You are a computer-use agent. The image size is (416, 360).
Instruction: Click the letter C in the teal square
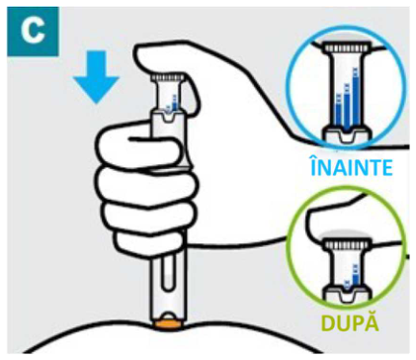point(33,31)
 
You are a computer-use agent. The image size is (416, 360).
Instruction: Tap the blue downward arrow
point(96,77)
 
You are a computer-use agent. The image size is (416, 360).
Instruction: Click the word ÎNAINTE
point(352,166)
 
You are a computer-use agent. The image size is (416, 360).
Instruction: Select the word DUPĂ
point(350,322)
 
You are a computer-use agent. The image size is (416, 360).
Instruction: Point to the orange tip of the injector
point(168,324)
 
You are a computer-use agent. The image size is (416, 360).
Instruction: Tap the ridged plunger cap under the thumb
point(167,78)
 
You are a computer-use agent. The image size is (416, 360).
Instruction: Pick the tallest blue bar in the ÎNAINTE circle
point(356,97)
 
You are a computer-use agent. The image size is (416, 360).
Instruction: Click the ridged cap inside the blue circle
point(347,47)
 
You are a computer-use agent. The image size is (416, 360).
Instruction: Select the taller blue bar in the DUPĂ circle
point(356,275)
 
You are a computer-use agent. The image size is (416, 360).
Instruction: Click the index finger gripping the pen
point(140,145)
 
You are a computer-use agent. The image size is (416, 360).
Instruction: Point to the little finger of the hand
point(148,242)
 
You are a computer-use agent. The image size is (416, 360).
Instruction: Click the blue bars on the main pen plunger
point(172,104)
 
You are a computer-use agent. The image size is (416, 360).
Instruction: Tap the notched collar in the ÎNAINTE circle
point(347,135)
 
